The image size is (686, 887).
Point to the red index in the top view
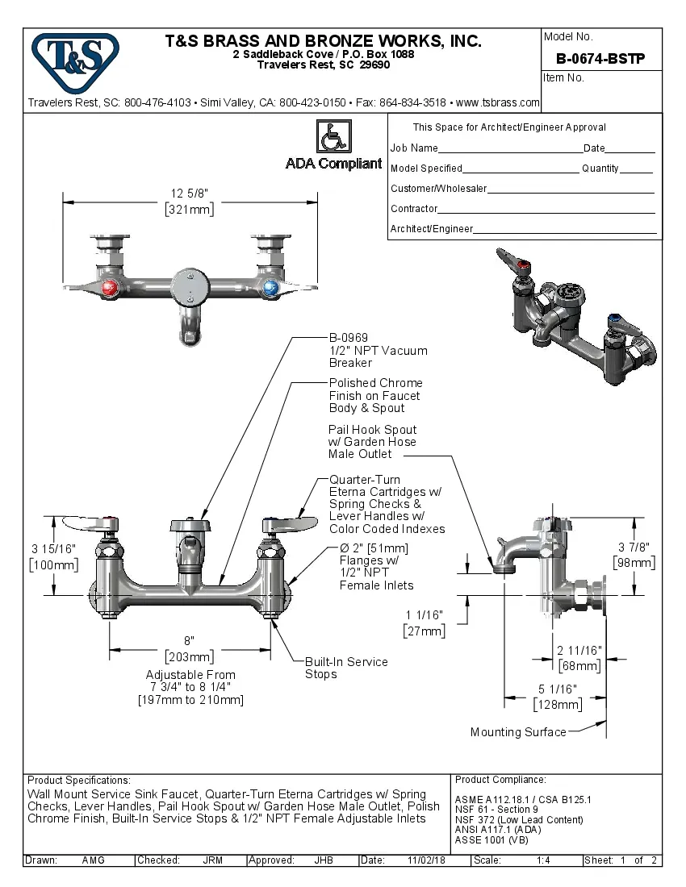[x=115, y=289]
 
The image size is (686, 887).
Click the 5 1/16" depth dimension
[x=557, y=689]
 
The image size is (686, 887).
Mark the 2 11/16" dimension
[x=579, y=650]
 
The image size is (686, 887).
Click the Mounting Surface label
[x=517, y=732]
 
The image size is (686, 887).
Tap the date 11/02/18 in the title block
[x=427, y=860]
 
